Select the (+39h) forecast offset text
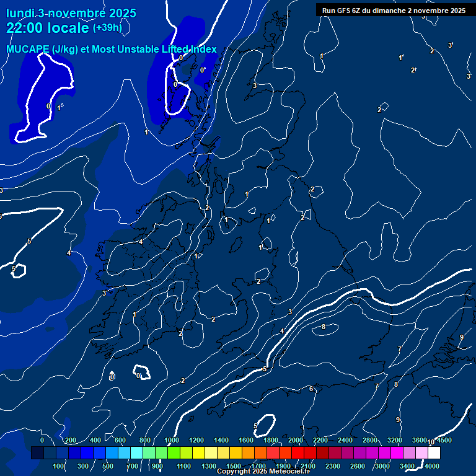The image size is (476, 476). coord(107,28)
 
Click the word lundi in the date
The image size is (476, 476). coord(20,13)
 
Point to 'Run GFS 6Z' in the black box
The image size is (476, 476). coord(345,11)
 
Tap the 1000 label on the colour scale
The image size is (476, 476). coord(172,440)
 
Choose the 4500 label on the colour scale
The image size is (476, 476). coord(444,440)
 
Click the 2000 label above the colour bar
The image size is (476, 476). coord(296,440)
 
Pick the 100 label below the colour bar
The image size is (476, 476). coord(59,466)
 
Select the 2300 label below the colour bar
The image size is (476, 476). coord(333,466)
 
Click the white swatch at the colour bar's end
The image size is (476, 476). coord(434,453)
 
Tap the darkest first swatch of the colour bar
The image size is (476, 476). coord(37,453)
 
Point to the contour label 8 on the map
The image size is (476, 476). coord(324,327)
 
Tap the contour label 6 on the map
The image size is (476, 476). coord(311,389)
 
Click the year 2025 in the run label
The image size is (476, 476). coord(454,11)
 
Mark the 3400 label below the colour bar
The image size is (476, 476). coord(407,466)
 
